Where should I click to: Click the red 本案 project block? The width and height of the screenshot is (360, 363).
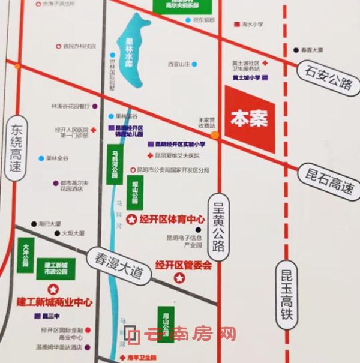(x=250, y=118)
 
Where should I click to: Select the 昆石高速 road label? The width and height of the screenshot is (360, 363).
(x=327, y=181)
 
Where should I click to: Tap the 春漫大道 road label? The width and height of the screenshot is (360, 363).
(x=115, y=265)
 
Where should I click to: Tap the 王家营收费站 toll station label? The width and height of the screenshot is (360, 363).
(x=206, y=123)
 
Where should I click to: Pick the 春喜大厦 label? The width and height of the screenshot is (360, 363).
(x=312, y=51)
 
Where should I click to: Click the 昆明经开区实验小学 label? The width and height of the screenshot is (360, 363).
(x=181, y=144)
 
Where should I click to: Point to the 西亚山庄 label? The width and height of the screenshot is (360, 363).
(x=178, y=64)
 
